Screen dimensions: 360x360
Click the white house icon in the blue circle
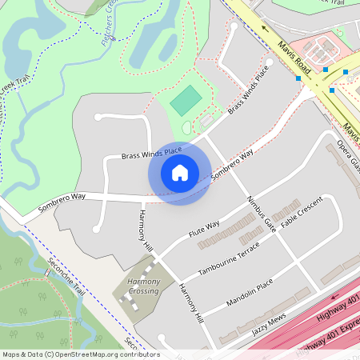(180, 173)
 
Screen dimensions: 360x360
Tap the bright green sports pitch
(186, 101)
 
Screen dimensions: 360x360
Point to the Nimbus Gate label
(262, 213)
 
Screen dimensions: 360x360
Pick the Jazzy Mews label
(267, 323)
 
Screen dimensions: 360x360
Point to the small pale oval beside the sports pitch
(187, 126)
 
